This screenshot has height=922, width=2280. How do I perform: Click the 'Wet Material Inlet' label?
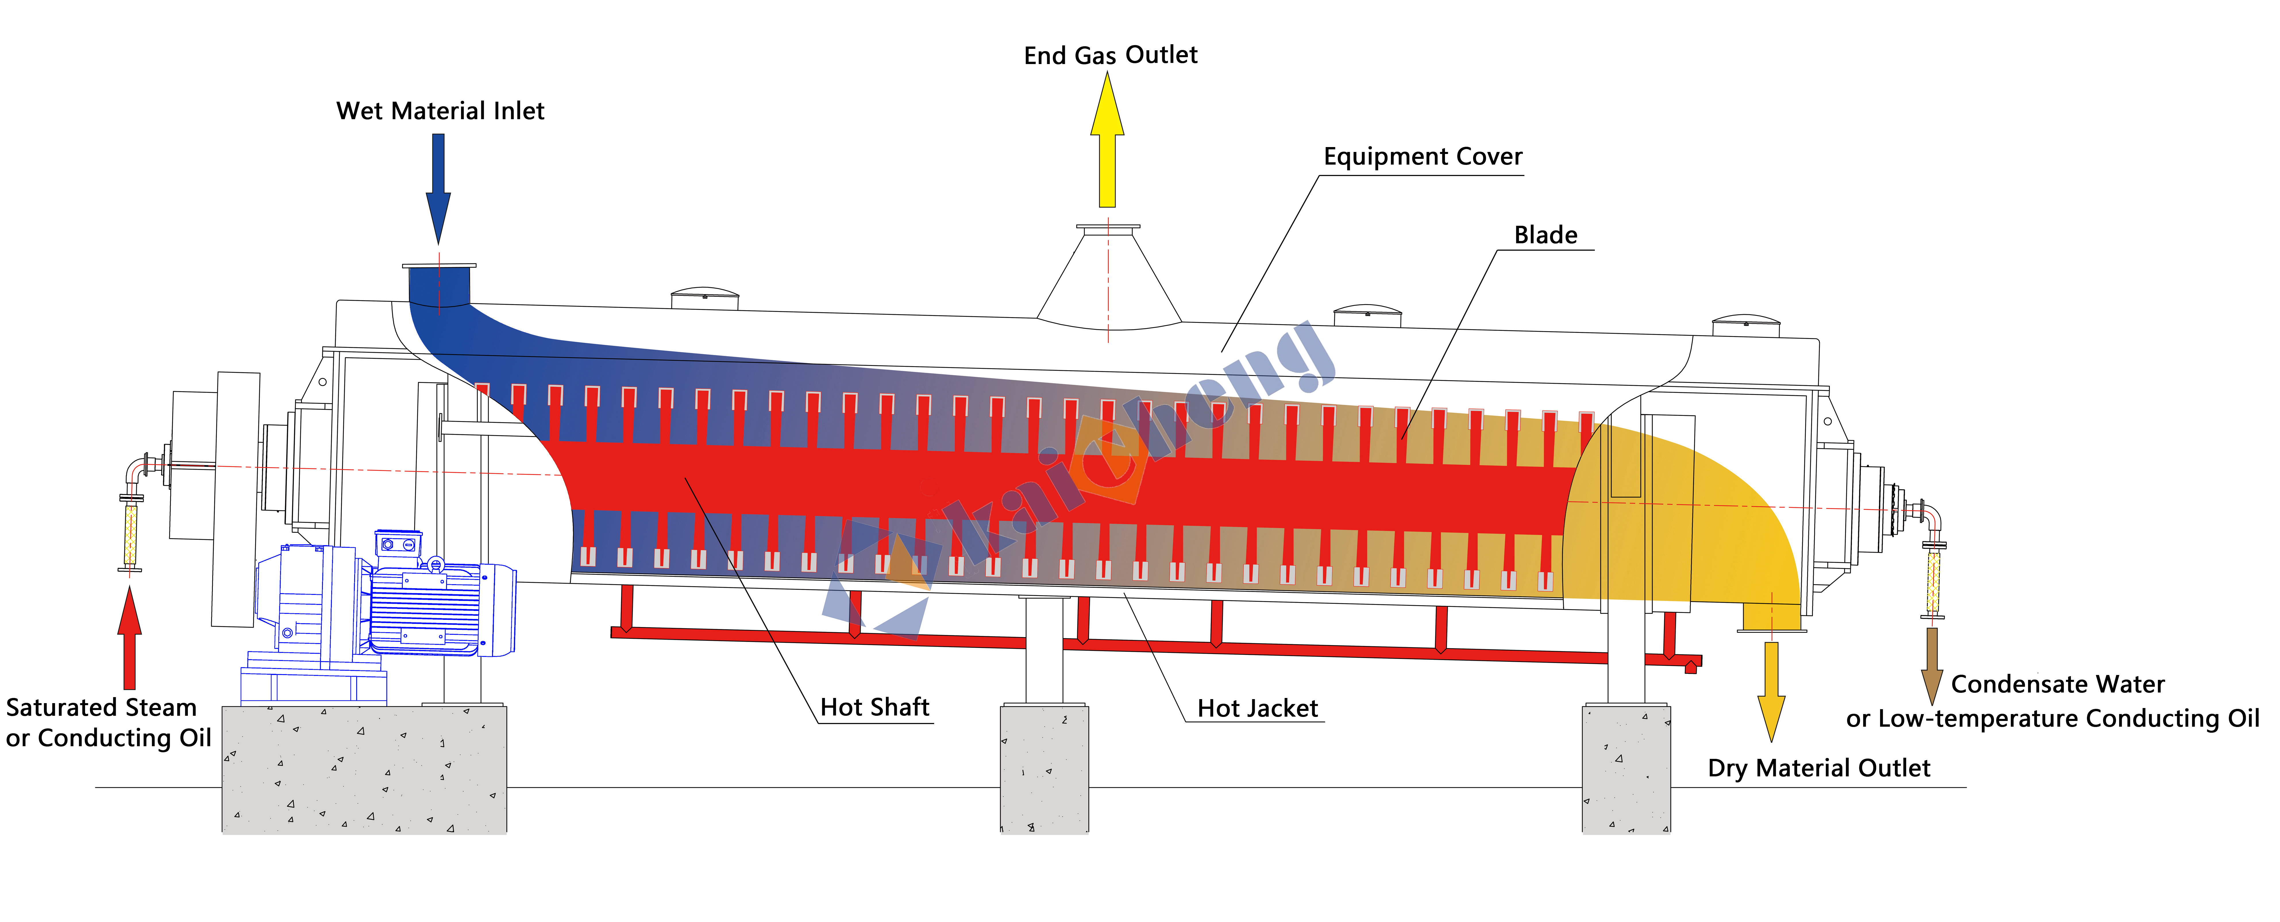[x=440, y=111]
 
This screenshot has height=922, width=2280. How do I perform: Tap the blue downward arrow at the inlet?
[x=438, y=188]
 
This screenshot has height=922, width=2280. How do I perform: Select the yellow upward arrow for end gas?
[x=1107, y=140]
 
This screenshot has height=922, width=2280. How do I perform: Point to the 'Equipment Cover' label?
[x=1422, y=157]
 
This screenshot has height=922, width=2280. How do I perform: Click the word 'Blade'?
[x=1545, y=234]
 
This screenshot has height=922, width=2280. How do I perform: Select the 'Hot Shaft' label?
[x=874, y=707]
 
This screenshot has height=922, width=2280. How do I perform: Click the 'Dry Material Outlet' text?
[x=1819, y=768]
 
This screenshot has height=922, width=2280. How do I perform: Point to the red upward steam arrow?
[x=129, y=637]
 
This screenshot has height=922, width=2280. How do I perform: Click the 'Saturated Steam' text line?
[x=101, y=708]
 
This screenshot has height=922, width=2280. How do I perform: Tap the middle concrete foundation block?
[x=1044, y=768]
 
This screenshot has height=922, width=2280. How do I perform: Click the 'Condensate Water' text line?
[x=2058, y=684]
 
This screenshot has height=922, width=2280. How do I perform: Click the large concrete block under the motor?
[x=364, y=769]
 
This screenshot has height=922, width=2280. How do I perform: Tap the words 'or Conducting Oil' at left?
[x=108, y=738]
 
